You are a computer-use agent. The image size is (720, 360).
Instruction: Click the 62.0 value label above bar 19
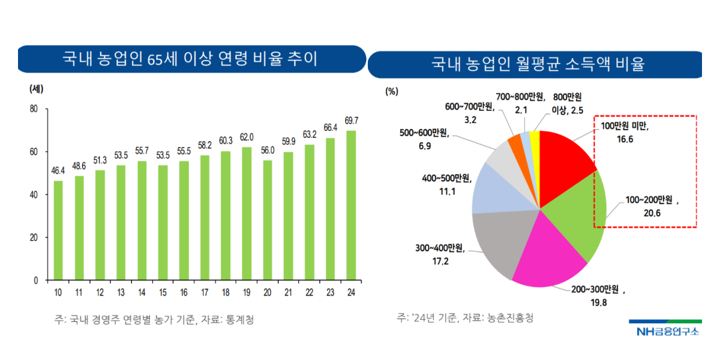[x=247, y=137]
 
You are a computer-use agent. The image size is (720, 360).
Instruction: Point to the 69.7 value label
[x=352, y=120]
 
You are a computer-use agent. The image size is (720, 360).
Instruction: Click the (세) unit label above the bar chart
[x=37, y=89]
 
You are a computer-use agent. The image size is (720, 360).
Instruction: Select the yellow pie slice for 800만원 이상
[x=535, y=147]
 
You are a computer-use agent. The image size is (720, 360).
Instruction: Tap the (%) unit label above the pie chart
[x=392, y=91]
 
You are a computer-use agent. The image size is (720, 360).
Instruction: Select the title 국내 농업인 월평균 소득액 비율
[x=538, y=64]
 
